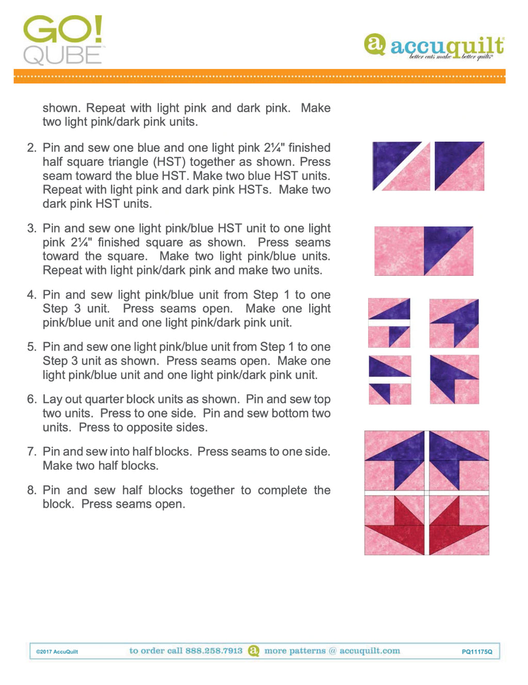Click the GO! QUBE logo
63,40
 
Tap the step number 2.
31,148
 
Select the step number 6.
31,399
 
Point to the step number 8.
31,490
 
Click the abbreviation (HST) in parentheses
169,162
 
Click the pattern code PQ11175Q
477,652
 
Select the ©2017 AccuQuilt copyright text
57,652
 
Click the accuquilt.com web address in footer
369,650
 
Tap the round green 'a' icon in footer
253,650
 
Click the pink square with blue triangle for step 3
423,251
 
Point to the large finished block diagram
426,493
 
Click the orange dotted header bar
259,76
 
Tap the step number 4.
31,295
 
